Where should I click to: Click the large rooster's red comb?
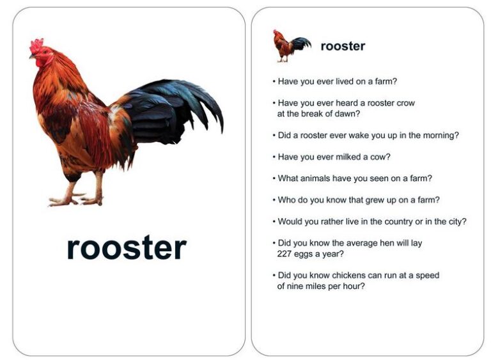point(37,46)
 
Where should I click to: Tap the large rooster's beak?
point(31,56)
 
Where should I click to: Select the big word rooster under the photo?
point(127,248)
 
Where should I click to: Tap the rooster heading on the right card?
point(343,46)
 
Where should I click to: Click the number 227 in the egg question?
point(285,254)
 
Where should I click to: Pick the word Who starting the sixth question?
point(286,200)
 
